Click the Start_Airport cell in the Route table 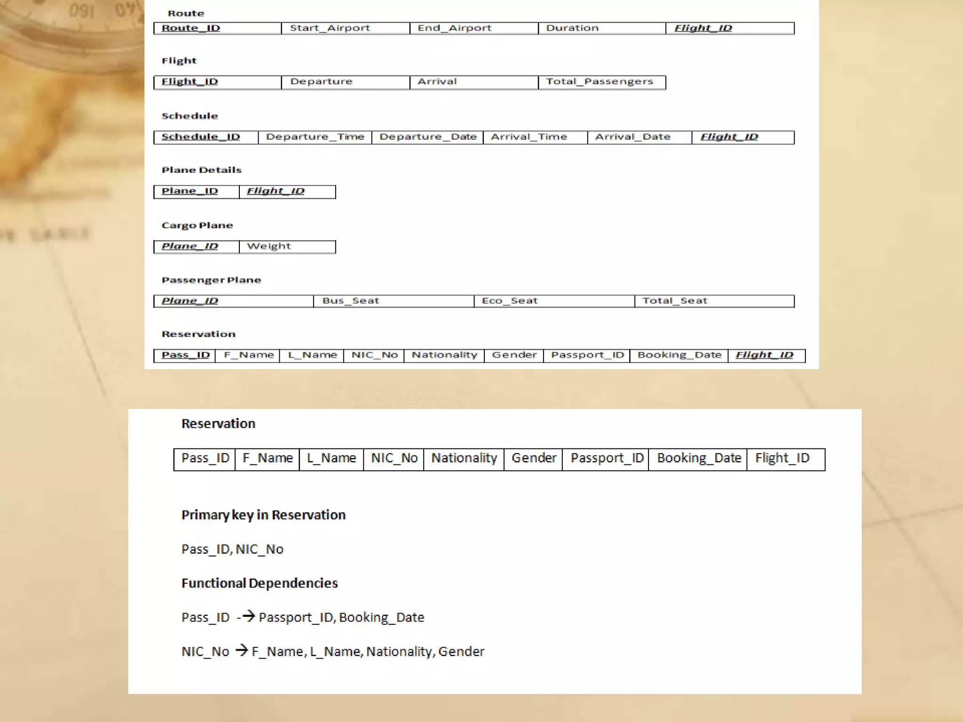pos(345,28)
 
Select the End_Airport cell pos(474,28)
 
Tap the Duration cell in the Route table pos(602,28)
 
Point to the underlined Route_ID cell pos(217,28)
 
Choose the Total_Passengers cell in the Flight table pos(601,82)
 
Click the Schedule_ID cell pos(205,137)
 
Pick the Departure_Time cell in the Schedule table pos(315,137)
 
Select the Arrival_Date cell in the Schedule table pos(639,137)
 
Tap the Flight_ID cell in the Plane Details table pos(287,191)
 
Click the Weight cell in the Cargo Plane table pos(287,246)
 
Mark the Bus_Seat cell pos(393,301)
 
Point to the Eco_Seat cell pos(554,301)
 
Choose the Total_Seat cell pos(714,301)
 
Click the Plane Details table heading pos(201,170)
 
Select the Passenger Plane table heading pos(211,280)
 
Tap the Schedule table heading pos(189,116)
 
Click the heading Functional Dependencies pos(260,583)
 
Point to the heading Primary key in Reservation pos(263,515)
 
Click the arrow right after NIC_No pos(242,650)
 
